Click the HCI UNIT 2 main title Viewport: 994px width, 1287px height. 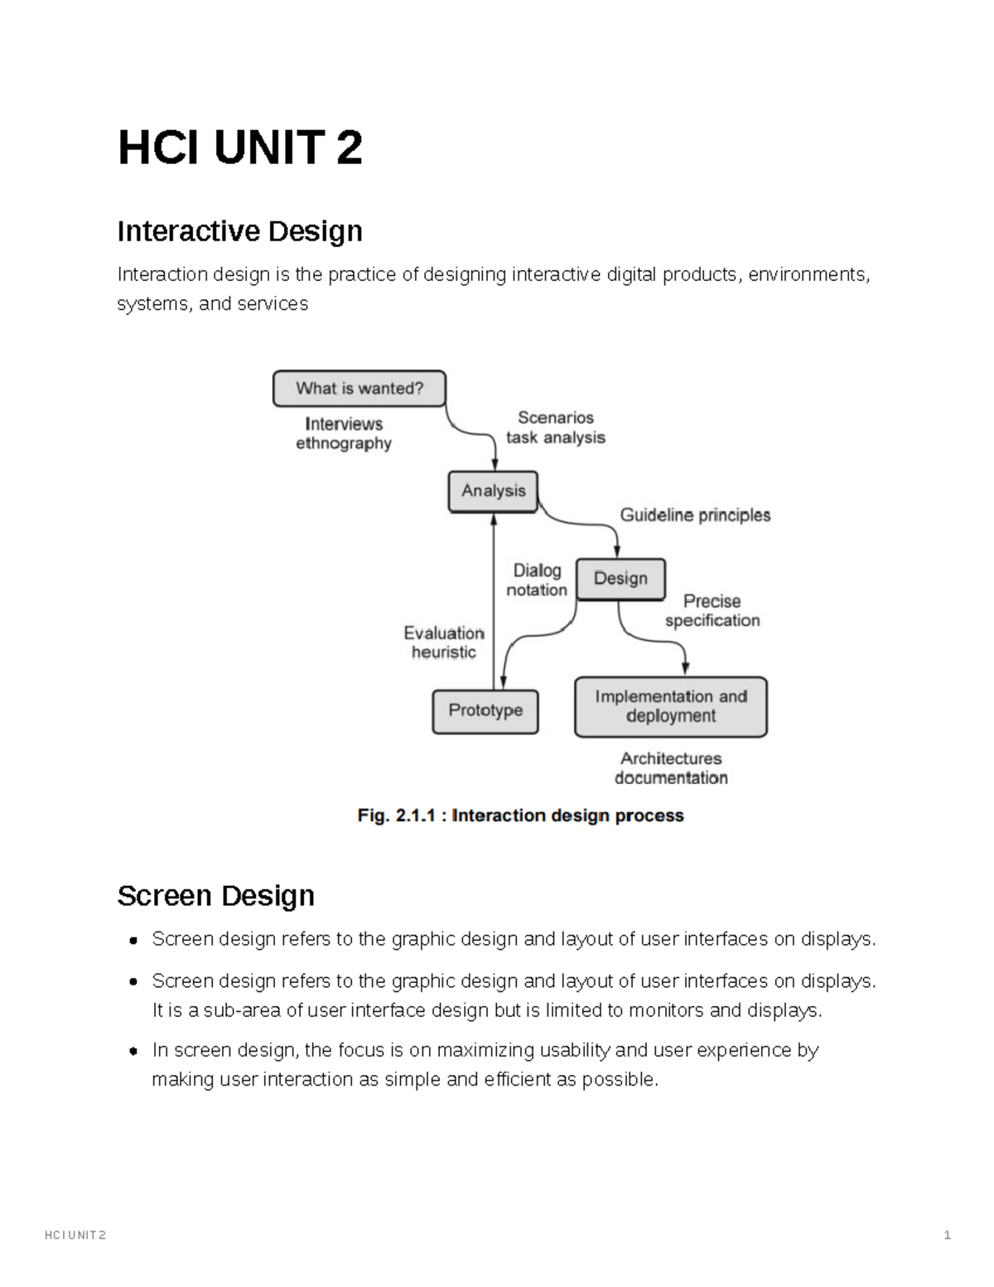(239, 148)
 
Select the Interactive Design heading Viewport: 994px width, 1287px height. (239, 231)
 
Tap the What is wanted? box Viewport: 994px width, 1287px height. (359, 389)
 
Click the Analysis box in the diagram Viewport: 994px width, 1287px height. (493, 491)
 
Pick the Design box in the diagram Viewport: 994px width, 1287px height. (620, 578)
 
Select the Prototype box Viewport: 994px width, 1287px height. (485, 711)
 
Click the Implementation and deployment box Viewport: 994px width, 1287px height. (671, 707)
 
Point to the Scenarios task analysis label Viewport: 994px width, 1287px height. (556, 428)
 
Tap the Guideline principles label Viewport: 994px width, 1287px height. (695, 515)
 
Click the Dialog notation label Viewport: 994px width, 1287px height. (537, 580)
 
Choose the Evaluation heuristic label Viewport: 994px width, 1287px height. (444, 642)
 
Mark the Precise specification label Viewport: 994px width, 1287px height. (712, 611)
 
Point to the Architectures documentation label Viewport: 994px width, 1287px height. (671, 768)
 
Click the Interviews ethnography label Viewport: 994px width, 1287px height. (344, 433)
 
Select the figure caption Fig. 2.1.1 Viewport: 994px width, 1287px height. (520, 815)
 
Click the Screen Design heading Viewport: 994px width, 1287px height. (215, 896)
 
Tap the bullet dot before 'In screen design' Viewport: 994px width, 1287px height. (133, 1051)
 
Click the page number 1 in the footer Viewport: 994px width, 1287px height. (947, 1236)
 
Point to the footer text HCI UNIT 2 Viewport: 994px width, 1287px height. (75, 1236)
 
